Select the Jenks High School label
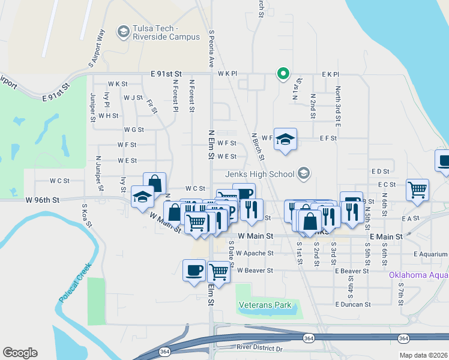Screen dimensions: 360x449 (259, 174)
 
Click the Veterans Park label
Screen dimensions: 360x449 (265, 305)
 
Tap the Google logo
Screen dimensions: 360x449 (20, 353)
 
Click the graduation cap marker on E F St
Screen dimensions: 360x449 (286, 139)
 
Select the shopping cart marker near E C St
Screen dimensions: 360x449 (417, 189)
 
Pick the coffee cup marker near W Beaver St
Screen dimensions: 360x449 (194, 270)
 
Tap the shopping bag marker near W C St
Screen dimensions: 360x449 (154, 182)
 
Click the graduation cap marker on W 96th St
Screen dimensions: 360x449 (142, 197)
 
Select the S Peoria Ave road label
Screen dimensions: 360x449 (211, 49)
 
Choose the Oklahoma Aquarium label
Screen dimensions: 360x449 (418, 275)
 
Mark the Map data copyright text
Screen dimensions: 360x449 (424, 355)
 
